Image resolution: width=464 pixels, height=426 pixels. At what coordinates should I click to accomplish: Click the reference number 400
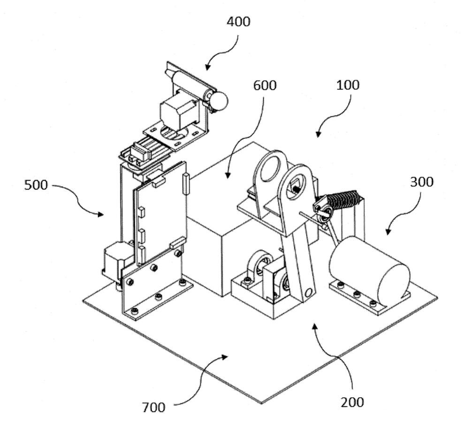tap(238, 22)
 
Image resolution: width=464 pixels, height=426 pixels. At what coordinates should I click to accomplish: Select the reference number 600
tap(265, 86)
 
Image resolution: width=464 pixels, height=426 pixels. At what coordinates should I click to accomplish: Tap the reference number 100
tap(348, 85)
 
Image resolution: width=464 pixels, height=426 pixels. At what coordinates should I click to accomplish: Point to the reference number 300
tap(422, 182)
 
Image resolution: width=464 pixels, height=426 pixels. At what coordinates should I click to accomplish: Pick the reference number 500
tap(36, 185)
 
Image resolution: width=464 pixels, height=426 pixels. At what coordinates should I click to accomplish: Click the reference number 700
tap(153, 407)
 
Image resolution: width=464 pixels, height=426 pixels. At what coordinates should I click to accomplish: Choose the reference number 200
tap(352, 402)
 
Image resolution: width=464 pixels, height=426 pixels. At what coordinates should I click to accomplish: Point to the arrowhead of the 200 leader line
tap(314, 327)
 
